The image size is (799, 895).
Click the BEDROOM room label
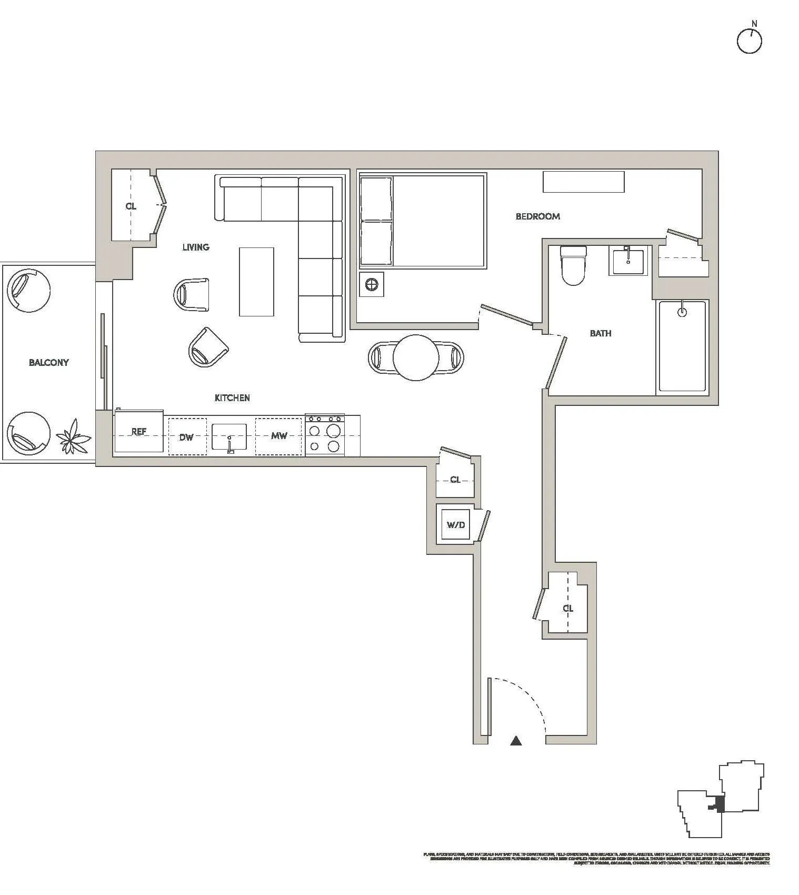[537, 216]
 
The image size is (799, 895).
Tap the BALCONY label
[48, 362]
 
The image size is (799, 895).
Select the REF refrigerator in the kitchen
[139, 432]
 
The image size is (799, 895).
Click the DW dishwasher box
[187, 436]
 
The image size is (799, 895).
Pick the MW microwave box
[278, 436]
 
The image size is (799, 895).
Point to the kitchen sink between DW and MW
[229, 436]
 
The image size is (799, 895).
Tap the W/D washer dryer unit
[456, 525]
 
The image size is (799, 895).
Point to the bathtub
[682, 346]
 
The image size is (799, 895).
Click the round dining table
[416, 357]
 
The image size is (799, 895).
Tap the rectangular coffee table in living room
[256, 282]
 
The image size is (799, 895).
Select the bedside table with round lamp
[372, 285]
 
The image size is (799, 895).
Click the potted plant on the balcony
[73, 436]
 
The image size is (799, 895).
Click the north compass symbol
[749, 40]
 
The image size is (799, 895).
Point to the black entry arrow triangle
[516, 741]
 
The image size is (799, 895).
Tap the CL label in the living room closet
[131, 206]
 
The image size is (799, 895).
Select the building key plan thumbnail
[721, 799]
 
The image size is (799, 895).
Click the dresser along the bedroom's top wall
[583, 182]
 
